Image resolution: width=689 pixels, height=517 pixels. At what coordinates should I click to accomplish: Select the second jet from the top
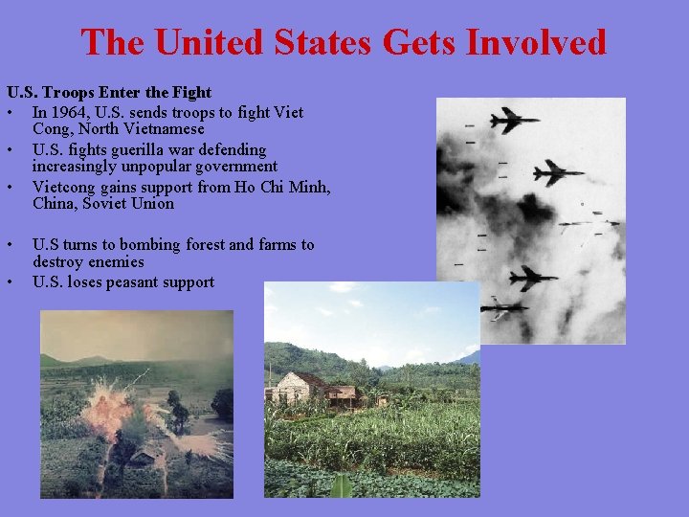click(557, 173)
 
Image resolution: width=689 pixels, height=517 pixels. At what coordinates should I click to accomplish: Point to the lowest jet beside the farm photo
click(503, 308)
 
